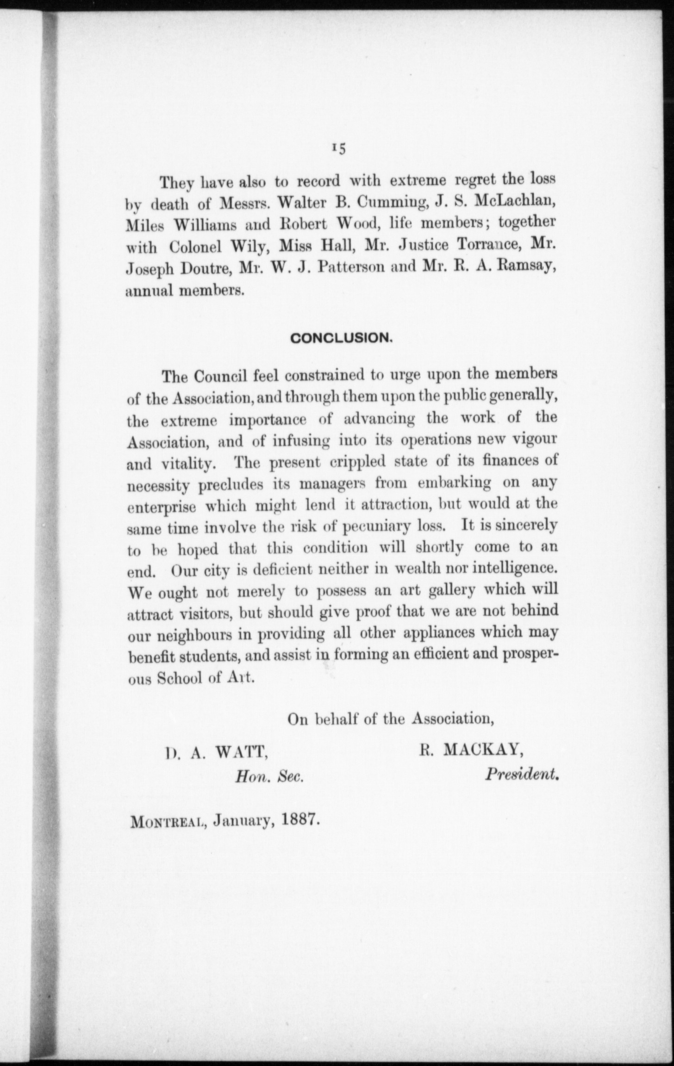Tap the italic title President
522,774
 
